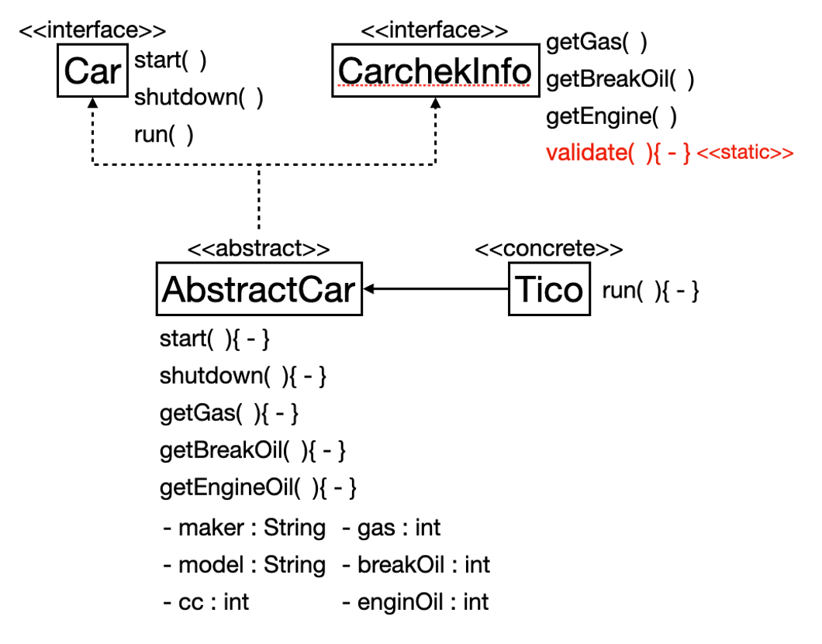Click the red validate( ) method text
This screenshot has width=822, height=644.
pos(618,153)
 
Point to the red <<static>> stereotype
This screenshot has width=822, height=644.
pos(745,153)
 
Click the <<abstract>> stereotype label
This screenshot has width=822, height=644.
pos(259,248)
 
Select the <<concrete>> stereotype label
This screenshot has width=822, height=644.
pos(549,248)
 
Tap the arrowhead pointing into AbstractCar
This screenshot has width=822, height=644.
pos(368,289)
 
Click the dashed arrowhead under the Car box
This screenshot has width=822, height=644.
pos(93,103)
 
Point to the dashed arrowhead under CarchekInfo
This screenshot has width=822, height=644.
pos(436,103)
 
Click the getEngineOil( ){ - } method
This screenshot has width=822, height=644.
pos(258,488)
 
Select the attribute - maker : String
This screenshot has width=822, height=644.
pos(244,528)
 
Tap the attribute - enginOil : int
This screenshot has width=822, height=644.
pos(415,602)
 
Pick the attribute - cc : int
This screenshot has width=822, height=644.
pos(206,602)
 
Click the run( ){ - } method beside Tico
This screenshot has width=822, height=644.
pos(651,291)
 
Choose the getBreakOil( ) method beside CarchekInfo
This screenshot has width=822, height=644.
pos(620,80)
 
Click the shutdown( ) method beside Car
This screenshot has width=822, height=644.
pos(199,98)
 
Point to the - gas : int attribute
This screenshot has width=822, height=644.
pos(391,528)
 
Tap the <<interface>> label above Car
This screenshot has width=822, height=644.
pos(93,30)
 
